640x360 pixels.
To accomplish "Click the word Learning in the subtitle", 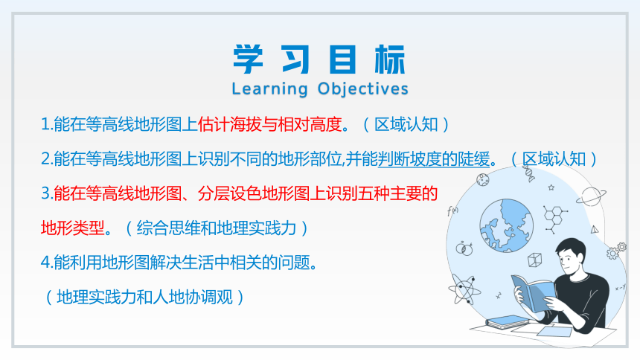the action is coord(270,89).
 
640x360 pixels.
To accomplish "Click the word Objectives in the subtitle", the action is coord(363,89).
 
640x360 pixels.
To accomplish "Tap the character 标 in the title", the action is coord(390,60).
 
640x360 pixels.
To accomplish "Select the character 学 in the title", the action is coord(248,60).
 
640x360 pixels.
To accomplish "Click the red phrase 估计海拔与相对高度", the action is coord(270,124).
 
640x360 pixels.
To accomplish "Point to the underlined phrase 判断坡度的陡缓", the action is coord(434,159).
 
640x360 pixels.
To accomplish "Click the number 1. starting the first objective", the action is coord(47,124).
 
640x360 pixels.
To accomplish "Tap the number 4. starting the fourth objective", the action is coord(47,263).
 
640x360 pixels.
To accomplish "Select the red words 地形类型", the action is coord(73,228).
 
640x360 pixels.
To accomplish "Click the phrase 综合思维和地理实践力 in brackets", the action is coord(217,228).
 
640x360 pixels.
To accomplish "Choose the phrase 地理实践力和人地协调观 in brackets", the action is coord(145,297).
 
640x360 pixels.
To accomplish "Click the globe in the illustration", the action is coord(506,225).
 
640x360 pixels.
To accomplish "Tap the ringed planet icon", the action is coord(591,196).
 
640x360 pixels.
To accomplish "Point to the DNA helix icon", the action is coord(529,173).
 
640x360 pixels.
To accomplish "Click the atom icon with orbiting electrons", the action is coord(464,289).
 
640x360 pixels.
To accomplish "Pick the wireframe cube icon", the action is coord(534,260).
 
